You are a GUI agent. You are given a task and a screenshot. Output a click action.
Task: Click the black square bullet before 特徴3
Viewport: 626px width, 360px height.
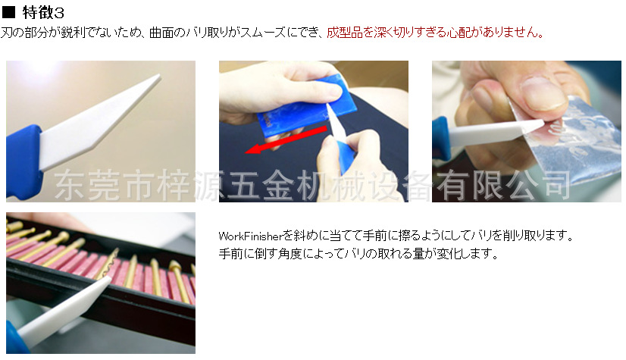click(x=8, y=12)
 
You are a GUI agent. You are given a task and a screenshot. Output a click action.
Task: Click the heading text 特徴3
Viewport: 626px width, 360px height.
click(x=43, y=13)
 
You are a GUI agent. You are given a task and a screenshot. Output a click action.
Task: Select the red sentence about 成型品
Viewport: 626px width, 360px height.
click(x=435, y=33)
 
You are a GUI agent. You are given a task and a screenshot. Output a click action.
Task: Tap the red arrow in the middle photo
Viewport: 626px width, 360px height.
click(x=286, y=139)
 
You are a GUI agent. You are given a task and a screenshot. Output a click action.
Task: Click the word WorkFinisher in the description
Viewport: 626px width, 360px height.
click(x=250, y=236)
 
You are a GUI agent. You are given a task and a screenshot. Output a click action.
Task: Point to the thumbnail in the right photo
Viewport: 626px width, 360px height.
click(x=544, y=93)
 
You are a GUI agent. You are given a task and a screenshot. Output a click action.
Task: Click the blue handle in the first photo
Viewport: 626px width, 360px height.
click(x=23, y=161)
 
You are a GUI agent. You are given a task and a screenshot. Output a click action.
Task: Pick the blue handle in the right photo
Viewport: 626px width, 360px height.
click(x=441, y=139)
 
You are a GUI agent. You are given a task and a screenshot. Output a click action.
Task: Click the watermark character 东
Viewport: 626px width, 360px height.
click(x=70, y=185)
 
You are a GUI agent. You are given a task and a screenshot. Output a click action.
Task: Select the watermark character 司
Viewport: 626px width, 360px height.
click(x=557, y=185)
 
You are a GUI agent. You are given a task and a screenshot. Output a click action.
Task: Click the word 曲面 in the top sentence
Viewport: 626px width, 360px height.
click(x=161, y=33)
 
